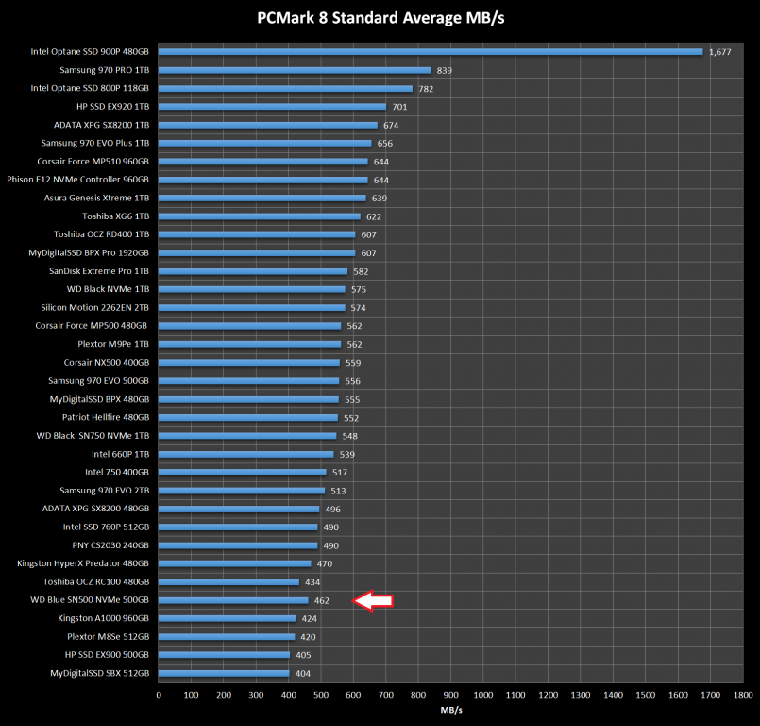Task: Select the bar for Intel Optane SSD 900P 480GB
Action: coord(430,51)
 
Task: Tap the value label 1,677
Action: coord(719,52)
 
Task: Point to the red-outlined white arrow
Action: coord(372,600)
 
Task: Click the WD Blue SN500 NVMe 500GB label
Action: coord(91,600)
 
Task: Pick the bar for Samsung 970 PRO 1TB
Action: coord(295,70)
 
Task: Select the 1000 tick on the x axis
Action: coord(482,695)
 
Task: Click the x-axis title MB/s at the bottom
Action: coord(451,709)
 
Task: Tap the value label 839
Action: coord(445,71)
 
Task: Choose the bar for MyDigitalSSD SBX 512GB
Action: coord(224,673)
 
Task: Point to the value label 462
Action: coord(321,600)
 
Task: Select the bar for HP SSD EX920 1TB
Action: coord(272,107)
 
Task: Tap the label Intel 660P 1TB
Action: coord(117,454)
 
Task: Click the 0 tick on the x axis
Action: coord(159,695)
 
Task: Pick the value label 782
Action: coord(426,89)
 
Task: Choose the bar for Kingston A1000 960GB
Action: coord(227,618)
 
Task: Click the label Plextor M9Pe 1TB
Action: coord(114,344)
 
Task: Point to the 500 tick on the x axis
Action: coord(321,695)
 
